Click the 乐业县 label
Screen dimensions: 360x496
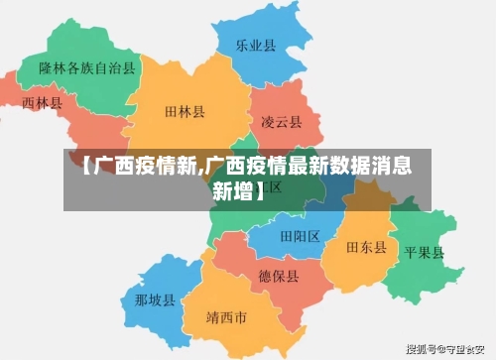(x=255, y=45)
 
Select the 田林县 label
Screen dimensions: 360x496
(x=185, y=113)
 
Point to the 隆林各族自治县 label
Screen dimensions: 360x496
(x=87, y=68)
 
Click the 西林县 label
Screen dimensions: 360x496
(x=42, y=102)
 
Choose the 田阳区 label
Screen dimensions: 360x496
(x=300, y=236)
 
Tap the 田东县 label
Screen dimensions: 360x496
(x=366, y=247)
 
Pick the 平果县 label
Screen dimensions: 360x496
(x=424, y=252)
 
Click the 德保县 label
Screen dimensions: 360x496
(x=278, y=276)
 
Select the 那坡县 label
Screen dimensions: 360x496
(x=155, y=300)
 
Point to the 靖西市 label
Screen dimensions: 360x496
(x=226, y=318)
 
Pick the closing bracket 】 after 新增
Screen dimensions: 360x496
(x=260, y=189)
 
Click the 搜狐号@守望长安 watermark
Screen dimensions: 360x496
(x=449, y=350)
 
